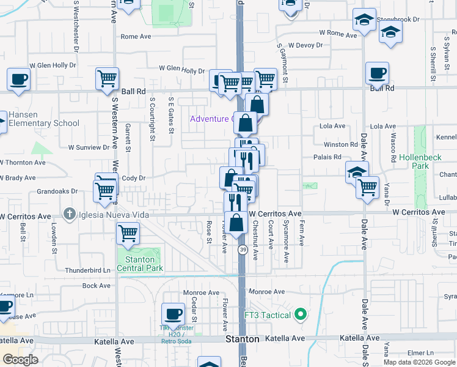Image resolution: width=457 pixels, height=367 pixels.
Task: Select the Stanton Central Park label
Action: (x=140, y=264)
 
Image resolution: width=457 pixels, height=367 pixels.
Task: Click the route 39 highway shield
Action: (x=243, y=250)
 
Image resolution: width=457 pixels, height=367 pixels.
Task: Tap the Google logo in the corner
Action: (x=20, y=360)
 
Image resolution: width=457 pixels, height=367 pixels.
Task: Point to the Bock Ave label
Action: (x=96, y=286)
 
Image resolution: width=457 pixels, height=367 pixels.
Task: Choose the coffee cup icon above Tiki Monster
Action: (x=173, y=314)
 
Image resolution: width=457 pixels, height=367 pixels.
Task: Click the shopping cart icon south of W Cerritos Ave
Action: (x=128, y=233)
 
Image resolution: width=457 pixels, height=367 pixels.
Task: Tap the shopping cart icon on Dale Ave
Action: (x=367, y=187)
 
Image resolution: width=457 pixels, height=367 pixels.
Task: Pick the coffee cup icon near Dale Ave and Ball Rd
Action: (x=377, y=74)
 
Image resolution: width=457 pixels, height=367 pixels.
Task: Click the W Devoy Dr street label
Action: (x=305, y=45)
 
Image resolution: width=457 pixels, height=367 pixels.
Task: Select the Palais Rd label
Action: (x=332, y=157)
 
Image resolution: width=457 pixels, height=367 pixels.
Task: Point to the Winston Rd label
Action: (x=340, y=145)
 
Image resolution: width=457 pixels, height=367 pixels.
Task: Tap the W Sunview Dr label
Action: (x=89, y=147)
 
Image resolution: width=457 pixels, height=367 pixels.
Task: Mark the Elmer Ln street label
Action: (x=420, y=353)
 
